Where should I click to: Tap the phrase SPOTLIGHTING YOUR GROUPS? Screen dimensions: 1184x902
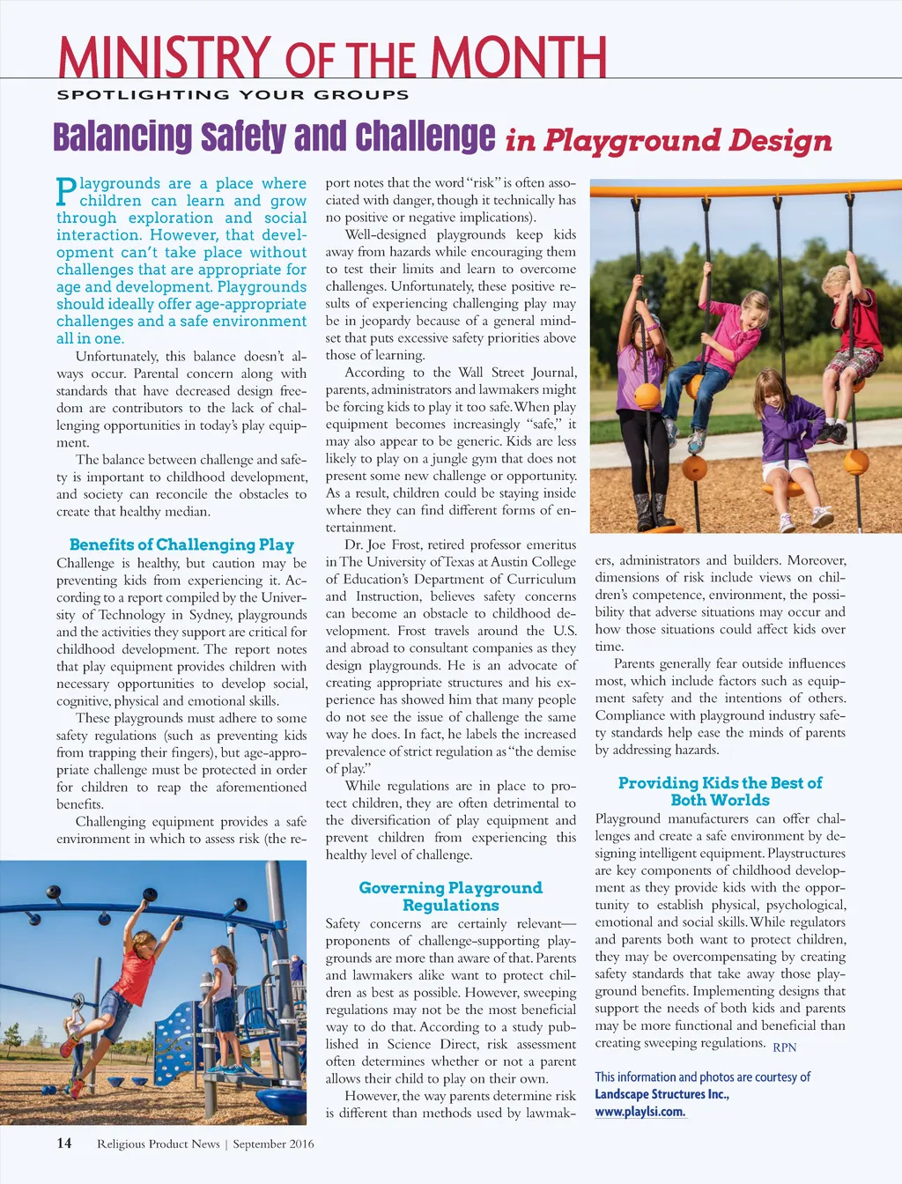point(233,95)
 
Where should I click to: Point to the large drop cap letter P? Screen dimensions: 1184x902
point(66,190)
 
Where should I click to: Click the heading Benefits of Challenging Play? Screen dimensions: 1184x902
point(181,544)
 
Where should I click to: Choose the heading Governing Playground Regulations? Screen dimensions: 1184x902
point(450,896)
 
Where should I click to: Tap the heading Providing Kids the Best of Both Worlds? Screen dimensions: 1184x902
point(720,791)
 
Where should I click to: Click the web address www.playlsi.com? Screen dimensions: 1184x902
point(640,1111)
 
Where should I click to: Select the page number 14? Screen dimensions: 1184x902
point(64,1143)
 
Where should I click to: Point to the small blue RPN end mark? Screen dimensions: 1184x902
point(784,1047)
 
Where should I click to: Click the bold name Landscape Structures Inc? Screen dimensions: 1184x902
point(662,1094)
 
